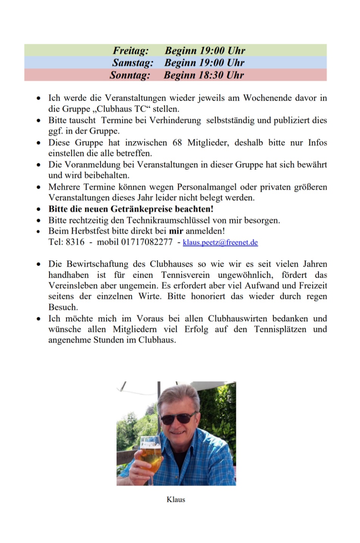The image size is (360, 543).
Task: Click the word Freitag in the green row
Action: coord(130,50)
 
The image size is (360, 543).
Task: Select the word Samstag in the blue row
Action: coord(132,62)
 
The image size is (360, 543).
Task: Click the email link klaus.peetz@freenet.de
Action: coord(220,242)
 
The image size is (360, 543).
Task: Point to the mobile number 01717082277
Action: coord(147,242)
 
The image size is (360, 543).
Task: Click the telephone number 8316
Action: coord(75,242)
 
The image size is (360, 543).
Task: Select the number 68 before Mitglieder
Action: coord(177,143)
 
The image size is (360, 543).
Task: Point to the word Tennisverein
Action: coord(185,275)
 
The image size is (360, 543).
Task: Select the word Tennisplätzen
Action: coord(280,329)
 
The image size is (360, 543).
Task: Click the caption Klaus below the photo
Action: coord(176,499)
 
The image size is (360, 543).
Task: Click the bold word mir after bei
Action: coord(176,231)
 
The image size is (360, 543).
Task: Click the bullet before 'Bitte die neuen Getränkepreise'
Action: coord(39,209)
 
